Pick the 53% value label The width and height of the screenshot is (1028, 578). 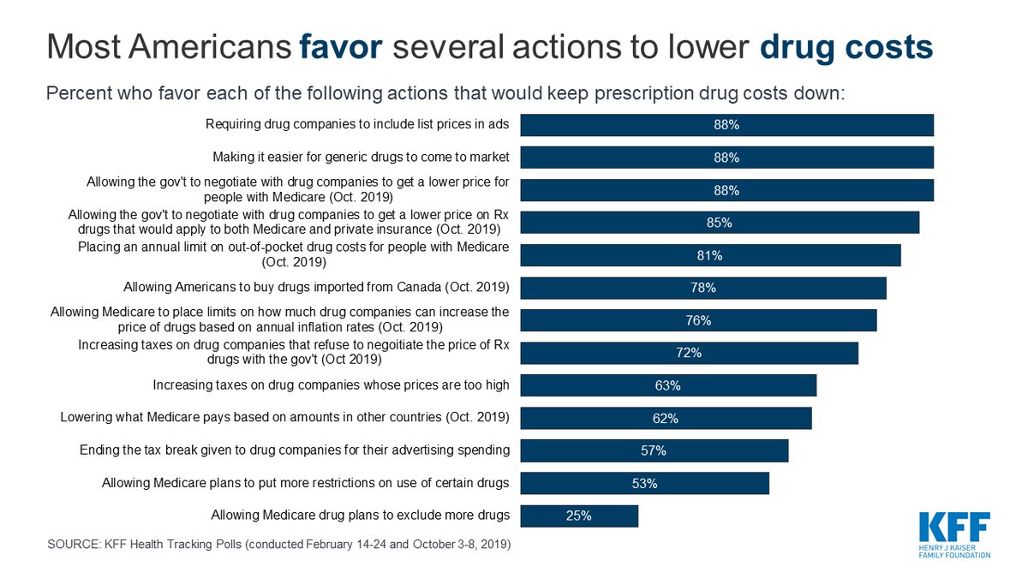[x=645, y=483]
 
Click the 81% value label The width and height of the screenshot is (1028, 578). [x=710, y=255]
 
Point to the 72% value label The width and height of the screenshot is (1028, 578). [x=690, y=353]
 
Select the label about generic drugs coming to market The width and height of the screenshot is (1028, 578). [x=361, y=158]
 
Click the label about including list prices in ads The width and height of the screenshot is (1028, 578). [x=357, y=125]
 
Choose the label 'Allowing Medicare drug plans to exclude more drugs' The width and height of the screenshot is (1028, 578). [x=360, y=515]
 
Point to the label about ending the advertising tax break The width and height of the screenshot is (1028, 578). [x=295, y=450]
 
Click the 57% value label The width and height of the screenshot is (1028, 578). [x=654, y=450]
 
